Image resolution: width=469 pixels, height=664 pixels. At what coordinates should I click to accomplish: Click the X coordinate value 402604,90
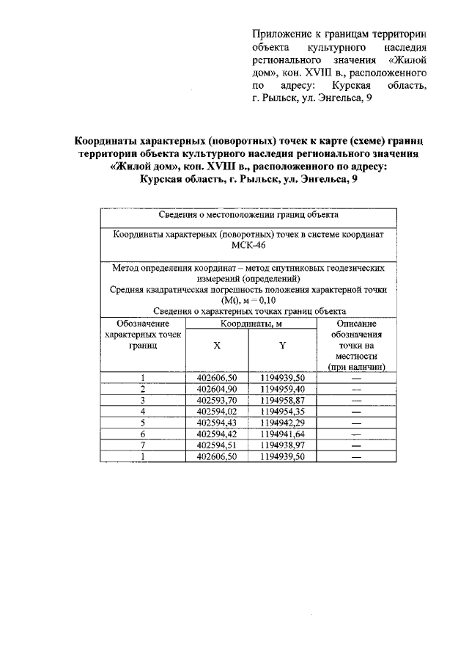point(217,388)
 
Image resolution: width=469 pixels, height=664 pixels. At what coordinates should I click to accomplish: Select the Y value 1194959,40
point(282,388)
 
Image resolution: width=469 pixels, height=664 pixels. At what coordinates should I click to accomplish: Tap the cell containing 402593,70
point(217,400)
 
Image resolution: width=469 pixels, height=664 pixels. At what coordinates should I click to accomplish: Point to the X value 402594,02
point(217,411)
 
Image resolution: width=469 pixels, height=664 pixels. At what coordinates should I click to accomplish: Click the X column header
point(216,345)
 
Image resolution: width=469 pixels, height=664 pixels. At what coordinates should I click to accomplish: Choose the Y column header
point(282,345)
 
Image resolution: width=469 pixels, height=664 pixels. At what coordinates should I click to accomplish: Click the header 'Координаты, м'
point(250,323)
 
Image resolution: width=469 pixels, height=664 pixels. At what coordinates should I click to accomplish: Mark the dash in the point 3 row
point(356,400)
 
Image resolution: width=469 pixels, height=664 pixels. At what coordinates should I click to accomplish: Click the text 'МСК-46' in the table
point(248,247)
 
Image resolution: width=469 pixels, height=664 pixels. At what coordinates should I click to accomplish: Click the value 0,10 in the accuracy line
point(265,301)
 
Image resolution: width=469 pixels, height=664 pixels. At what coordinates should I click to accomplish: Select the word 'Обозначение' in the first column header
point(143,323)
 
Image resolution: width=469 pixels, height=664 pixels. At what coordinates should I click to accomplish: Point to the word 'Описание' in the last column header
point(356,323)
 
